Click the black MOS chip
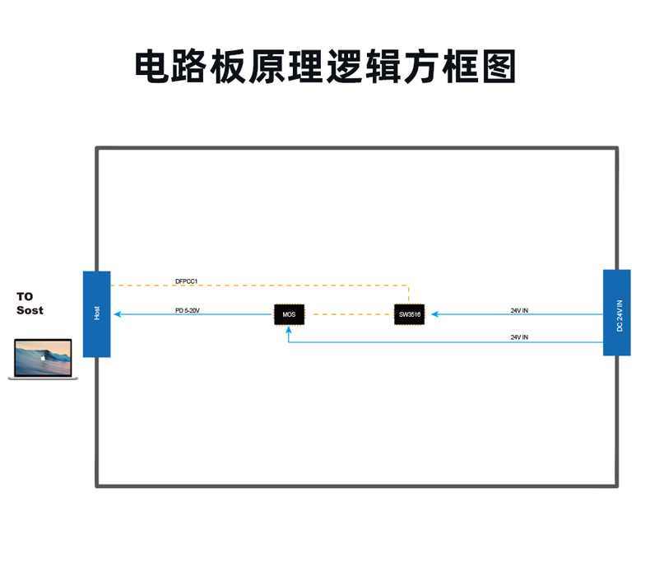click(289, 315)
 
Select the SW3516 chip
click(410, 315)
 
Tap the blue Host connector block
click(96, 314)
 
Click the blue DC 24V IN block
click(617, 313)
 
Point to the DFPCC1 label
click(187, 281)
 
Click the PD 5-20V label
click(188, 310)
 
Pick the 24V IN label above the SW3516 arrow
click(519, 310)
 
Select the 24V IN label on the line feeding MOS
click(519, 337)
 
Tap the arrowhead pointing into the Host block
click(118, 314)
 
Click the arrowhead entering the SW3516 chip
click(435, 314)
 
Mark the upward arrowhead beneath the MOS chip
click(289, 330)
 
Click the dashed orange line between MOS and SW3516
click(349, 314)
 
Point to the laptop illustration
click(43, 359)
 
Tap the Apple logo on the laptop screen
click(42, 357)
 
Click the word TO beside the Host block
click(25, 297)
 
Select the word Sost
click(30, 310)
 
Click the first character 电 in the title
click(152, 67)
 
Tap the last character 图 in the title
click(499, 67)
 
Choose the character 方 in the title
click(422, 67)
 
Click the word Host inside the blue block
click(96, 313)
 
